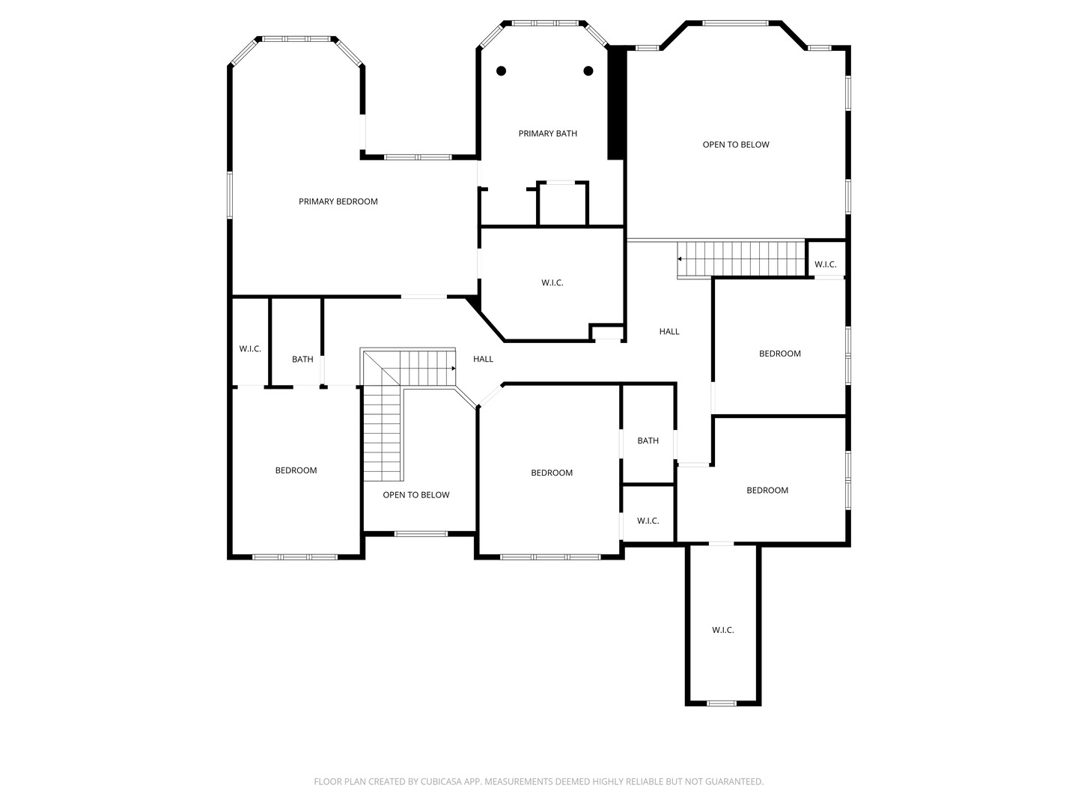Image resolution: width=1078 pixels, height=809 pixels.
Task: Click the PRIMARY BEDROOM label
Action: click(x=338, y=202)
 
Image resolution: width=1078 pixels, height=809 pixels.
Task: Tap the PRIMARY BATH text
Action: click(x=547, y=134)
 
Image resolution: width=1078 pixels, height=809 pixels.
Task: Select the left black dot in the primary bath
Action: click(x=502, y=71)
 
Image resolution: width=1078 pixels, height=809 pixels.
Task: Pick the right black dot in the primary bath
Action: click(x=588, y=71)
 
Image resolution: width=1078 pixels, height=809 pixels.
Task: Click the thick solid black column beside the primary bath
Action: click(x=615, y=103)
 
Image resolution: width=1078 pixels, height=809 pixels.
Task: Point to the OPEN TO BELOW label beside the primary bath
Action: click(x=735, y=145)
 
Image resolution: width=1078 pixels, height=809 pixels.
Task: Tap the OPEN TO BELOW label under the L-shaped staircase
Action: click(x=416, y=495)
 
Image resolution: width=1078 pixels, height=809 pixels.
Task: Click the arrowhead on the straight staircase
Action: click(x=680, y=259)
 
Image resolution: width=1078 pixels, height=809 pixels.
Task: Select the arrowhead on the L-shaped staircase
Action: click(x=453, y=369)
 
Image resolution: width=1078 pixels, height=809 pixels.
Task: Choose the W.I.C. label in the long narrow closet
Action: click(x=722, y=630)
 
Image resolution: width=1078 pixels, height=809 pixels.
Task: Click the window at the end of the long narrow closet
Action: click(x=722, y=703)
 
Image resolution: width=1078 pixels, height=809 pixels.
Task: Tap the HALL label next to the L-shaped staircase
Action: click(x=483, y=360)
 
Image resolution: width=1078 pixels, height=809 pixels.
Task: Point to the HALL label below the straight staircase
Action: click(x=669, y=332)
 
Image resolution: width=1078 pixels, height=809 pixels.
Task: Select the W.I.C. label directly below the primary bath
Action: click(x=552, y=283)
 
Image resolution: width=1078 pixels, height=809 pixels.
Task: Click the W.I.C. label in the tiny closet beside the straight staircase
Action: click(x=825, y=264)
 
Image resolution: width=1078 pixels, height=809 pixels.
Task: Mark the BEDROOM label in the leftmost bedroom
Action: click(x=296, y=470)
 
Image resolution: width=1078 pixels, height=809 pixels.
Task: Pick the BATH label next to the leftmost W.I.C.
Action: click(x=302, y=360)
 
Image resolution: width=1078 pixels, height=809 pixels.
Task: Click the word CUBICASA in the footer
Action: click(x=443, y=782)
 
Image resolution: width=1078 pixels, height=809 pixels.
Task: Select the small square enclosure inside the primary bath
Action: click(x=563, y=203)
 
